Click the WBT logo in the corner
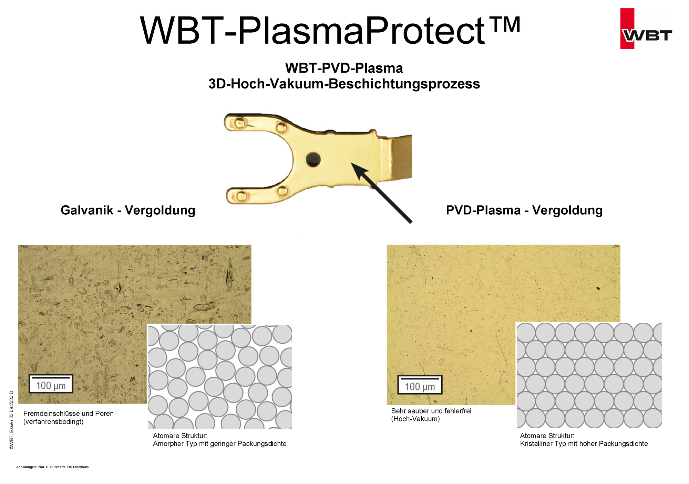(646, 29)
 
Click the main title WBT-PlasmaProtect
(330, 30)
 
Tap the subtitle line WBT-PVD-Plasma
(344, 68)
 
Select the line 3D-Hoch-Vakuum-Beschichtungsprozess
(344, 84)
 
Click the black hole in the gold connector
(313, 159)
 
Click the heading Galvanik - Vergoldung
(128, 210)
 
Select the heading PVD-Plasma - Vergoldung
(524, 210)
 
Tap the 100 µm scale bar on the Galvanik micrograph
(51, 384)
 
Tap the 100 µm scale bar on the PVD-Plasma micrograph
(420, 385)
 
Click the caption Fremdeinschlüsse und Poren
(69, 413)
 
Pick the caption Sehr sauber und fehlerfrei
(431, 411)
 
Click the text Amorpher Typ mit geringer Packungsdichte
(220, 444)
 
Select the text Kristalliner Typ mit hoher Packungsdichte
(584, 444)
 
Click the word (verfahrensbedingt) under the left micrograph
(53, 422)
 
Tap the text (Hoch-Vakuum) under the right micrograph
(415, 419)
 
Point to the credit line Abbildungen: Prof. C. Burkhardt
(52, 467)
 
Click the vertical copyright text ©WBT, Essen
(11, 420)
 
